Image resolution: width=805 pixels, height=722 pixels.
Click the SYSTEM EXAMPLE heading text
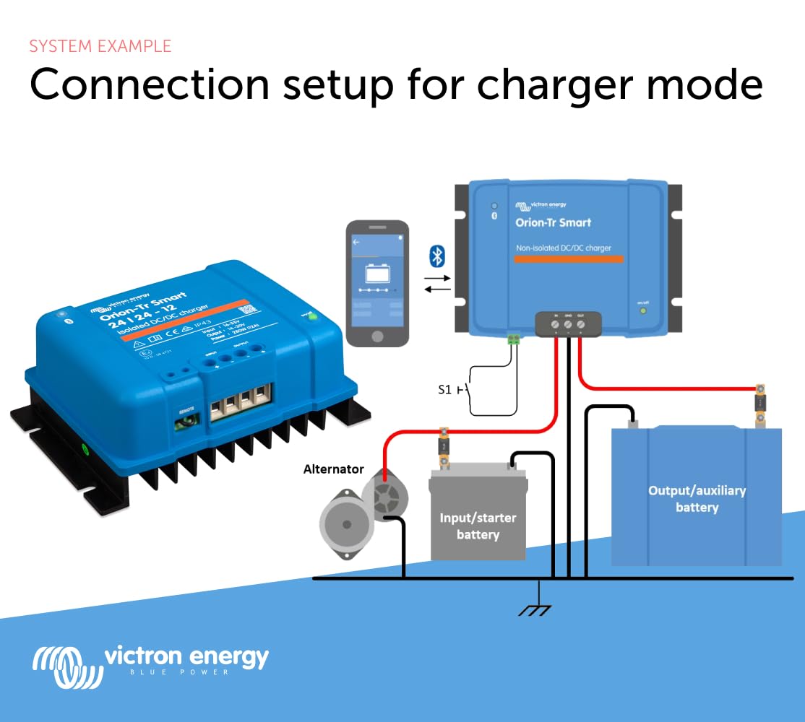click(x=100, y=46)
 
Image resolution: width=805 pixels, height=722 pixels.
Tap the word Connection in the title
click(x=149, y=85)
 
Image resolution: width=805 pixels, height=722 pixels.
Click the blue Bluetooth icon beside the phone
click(x=437, y=256)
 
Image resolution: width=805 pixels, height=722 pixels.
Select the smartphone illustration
click(x=376, y=284)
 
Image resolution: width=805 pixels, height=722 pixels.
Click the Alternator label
click(x=333, y=469)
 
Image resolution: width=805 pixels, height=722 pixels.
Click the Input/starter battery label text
click(x=478, y=526)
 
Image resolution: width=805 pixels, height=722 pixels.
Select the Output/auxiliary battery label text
click(x=697, y=499)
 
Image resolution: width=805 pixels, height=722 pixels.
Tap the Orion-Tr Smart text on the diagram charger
click(x=553, y=222)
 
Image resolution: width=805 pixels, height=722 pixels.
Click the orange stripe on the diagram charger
click(x=564, y=258)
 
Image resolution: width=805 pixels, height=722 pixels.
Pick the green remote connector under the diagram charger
click(x=515, y=338)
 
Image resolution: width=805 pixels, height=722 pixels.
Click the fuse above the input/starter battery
click(x=444, y=447)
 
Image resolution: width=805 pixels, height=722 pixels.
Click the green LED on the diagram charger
click(x=642, y=311)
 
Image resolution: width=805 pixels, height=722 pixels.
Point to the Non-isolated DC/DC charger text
click(x=564, y=248)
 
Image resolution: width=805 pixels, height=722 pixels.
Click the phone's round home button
click(x=376, y=336)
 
